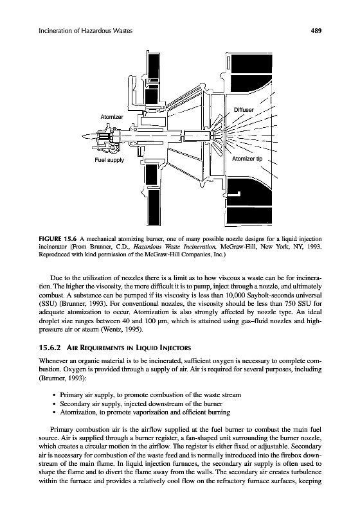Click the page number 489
tap(316, 31)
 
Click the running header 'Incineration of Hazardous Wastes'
tap(85, 31)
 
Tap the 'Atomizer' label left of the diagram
tap(112, 117)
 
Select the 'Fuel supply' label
tap(109, 160)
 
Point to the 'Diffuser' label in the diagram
tap(244, 110)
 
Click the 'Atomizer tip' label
tap(248, 159)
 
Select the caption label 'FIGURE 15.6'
tap(57, 238)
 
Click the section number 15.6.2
tap(51, 348)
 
